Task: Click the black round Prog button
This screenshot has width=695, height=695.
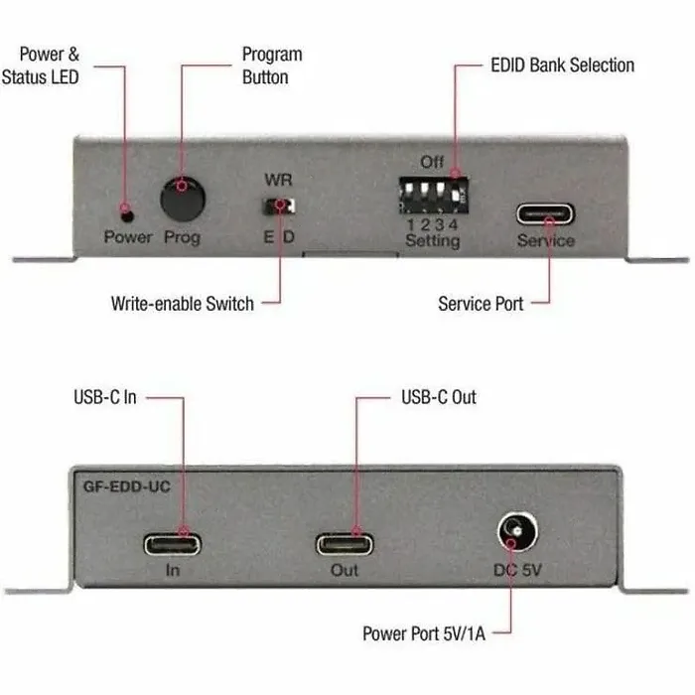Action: coord(183,199)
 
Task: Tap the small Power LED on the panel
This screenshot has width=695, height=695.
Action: coord(128,216)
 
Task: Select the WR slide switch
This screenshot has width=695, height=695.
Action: coord(279,207)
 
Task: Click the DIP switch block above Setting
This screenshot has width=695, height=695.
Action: coord(434,195)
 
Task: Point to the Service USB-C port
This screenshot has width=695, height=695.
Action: coord(545,214)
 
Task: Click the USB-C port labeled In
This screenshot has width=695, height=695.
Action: coord(172,544)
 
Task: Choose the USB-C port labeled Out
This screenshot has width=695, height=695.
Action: coord(345,544)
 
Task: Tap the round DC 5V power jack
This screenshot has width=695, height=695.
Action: coord(517,531)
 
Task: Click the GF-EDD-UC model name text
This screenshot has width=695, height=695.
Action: coord(127,486)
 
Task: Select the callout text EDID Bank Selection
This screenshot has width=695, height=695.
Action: coord(563,66)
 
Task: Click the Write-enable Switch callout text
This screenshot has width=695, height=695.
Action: coord(182,304)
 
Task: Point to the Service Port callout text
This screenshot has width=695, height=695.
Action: coord(481,304)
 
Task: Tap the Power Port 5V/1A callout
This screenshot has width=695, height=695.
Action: coord(424,633)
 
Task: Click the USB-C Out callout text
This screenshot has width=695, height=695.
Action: coord(439,397)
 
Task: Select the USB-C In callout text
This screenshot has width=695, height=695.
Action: coord(105,397)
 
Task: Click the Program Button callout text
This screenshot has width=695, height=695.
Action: coord(272,66)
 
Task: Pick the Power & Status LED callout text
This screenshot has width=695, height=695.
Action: coord(41,66)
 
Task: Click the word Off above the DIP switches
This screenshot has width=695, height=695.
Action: coord(432,162)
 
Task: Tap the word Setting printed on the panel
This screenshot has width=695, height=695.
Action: coord(433,240)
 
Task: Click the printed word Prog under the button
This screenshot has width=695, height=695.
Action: coord(182,237)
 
